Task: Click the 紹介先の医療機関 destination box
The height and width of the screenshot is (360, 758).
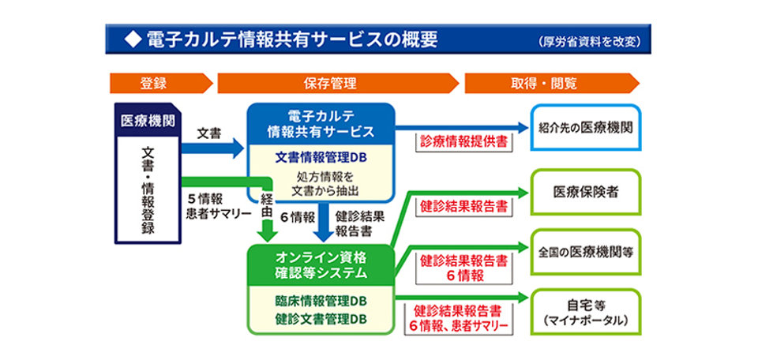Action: tap(585, 127)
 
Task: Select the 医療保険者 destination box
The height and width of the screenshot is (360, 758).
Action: tap(585, 192)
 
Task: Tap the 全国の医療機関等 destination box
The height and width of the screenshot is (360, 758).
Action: tap(585, 253)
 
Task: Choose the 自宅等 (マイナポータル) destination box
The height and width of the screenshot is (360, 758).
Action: tap(585, 312)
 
